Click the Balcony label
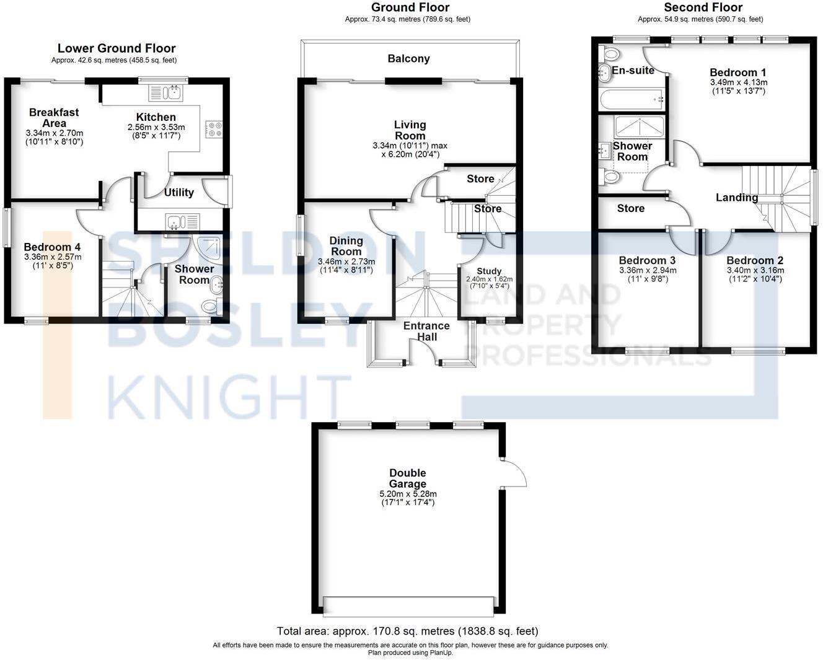pyautogui.click(x=408, y=59)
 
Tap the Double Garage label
pyautogui.click(x=408, y=478)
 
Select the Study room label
pyautogui.click(x=489, y=271)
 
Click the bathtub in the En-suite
pyautogui.click(x=631, y=98)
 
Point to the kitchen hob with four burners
pyautogui.click(x=216, y=128)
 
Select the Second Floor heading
pyautogui.click(x=703, y=7)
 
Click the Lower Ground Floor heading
pyautogui.click(x=117, y=48)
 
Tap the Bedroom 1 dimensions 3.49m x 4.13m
pyautogui.click(x=738, y=82)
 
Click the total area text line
pyautogui.click(x=407, y=631)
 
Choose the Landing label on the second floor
pyautogui.click(x=736, y=198)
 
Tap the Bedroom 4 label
pyautogui.click(x=52, y=247)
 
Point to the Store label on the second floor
pyautogui.click(x=630, y=209)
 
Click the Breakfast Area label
pyautogui.click(x=54, y=117)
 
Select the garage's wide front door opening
pyautogui.click(x=409, y=605)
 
